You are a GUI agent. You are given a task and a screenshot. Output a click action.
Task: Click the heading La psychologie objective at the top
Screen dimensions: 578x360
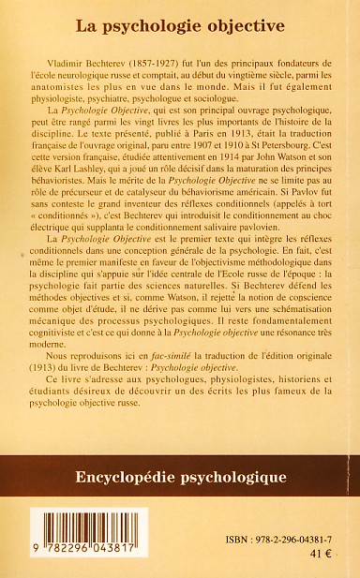(x=180, y=15)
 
